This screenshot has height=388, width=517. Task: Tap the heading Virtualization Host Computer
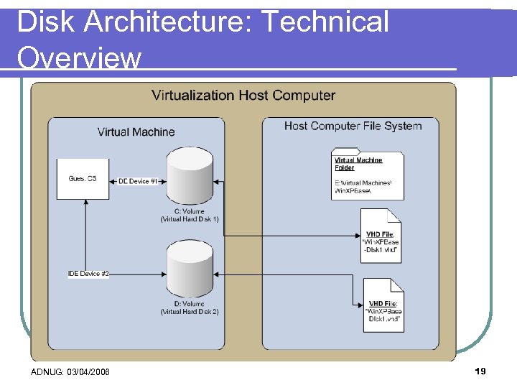click(x=243, y=95)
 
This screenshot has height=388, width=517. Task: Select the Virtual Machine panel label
click(x=136, y=131)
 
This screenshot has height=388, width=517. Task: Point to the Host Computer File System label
click(x=353, y=126)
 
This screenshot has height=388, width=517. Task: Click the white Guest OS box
click(x=83, y=179)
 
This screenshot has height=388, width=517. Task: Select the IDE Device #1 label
click(x=138, y=181)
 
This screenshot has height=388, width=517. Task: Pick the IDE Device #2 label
click(x=88, y=274)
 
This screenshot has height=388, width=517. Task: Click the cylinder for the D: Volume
click(x=190, y=270)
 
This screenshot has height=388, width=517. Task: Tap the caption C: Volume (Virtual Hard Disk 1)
click(x=190, y=216)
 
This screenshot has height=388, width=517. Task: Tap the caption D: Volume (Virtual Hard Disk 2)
click(x=190, y=308)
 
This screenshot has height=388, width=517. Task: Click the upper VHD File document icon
click(x=381, y=236)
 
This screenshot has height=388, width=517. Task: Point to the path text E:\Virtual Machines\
click(x=363, y=183)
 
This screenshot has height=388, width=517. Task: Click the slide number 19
click(x=480, y=371)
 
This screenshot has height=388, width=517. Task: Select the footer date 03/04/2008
click(x=88, y=371)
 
